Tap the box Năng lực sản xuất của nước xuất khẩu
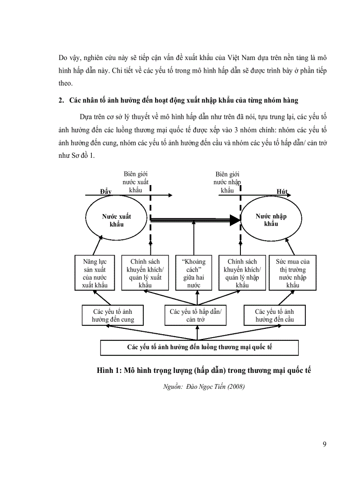tap(95, 273)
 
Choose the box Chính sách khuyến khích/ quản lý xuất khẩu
tap(145, 273)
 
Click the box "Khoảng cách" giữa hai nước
tap(194, 273)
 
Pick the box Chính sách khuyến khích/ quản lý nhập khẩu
tap(242, 273)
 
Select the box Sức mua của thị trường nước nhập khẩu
tap(292, 273)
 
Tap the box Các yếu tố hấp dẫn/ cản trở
tap(195, 316)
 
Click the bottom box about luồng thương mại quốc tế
tap(199, 347)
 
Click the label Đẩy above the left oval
tap(106, 191)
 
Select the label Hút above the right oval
tap(282, 191)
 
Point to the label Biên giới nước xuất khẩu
tap(136, 182)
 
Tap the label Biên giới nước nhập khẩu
tap(227, 182)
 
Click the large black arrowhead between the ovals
tap(235, 220)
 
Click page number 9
tap(325, 444)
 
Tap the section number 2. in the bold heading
tap(61, 100)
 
